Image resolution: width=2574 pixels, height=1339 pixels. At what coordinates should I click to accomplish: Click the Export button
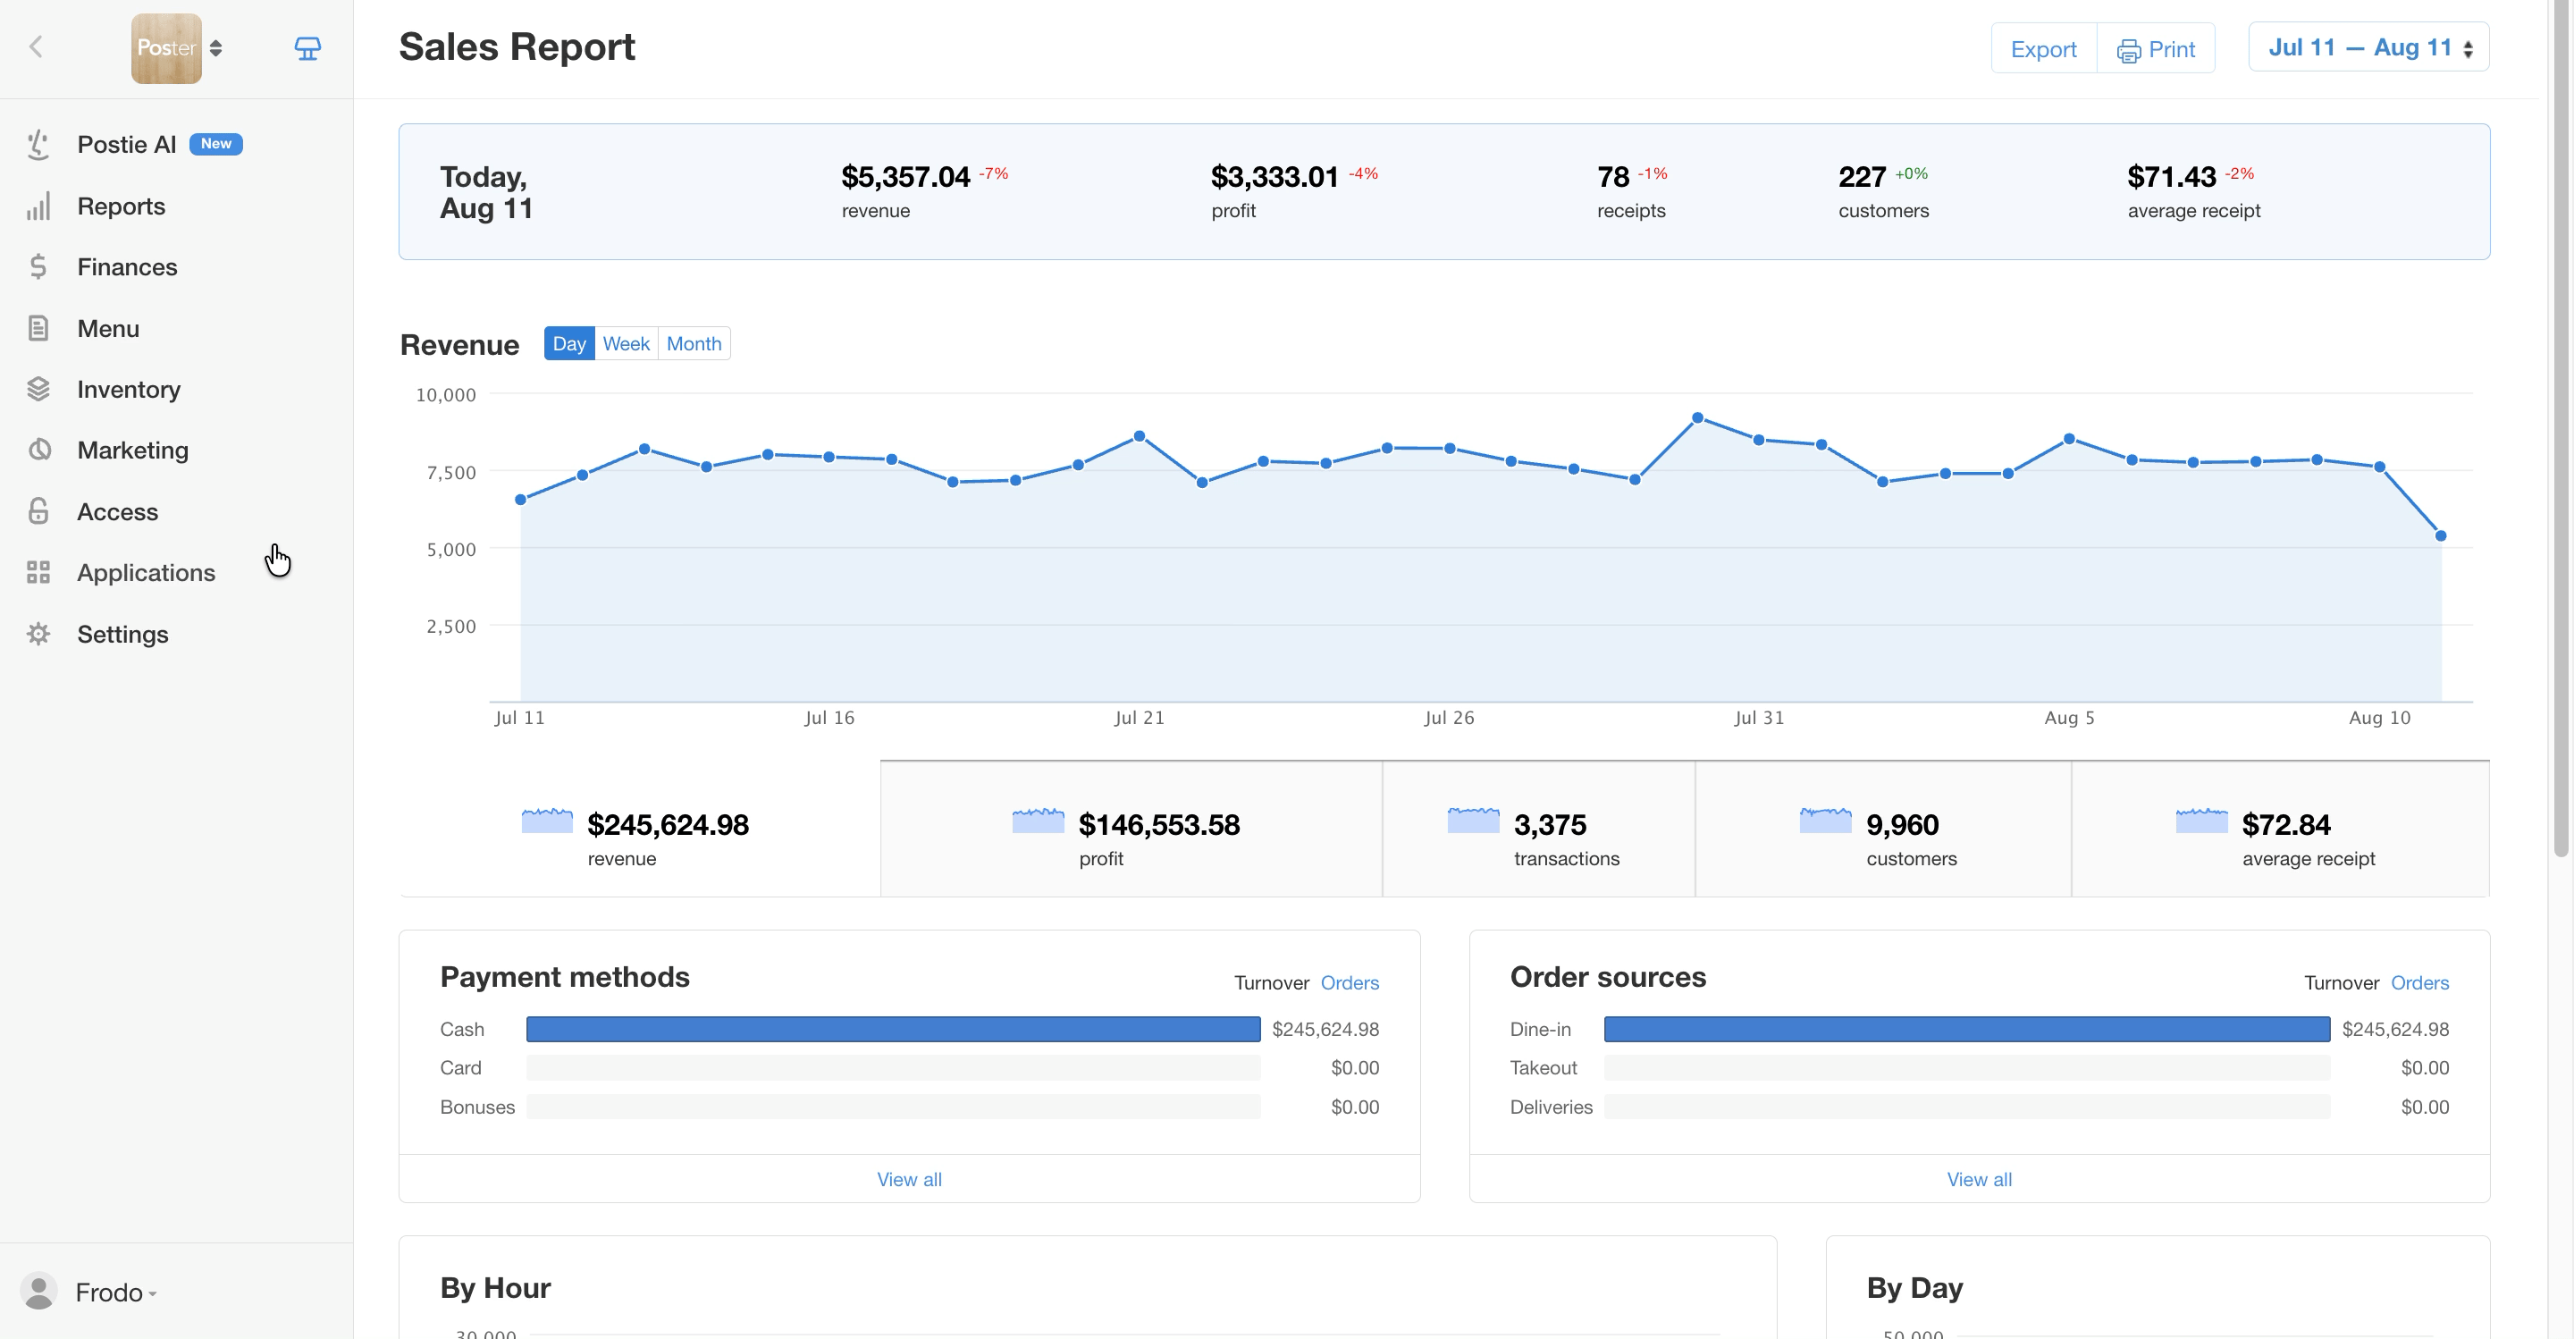[x=2043, y=49]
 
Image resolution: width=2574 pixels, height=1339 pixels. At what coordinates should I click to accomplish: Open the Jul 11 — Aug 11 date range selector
[x=2368, y=48]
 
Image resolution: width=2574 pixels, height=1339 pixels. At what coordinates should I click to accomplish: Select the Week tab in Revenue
[x=627, y=344]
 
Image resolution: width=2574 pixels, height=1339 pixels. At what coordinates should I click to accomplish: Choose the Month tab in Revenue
[x=694, y=344]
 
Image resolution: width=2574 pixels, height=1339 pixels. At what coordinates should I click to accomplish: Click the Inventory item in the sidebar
[x=129, y=390]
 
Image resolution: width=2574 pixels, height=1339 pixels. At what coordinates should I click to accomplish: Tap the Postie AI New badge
[x=215, y=144]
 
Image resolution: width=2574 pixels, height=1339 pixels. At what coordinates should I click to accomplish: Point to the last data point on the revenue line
[x=2441, y=535]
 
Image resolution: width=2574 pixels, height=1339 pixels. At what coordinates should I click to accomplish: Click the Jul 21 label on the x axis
[x=1140, y=718]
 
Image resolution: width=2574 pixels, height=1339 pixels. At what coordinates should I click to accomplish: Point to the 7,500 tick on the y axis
[x=450, y=473]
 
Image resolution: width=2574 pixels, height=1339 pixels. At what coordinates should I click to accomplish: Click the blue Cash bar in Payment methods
[x=894, y=1029]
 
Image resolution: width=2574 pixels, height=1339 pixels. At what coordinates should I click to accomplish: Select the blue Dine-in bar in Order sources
[x=1966, y=1029]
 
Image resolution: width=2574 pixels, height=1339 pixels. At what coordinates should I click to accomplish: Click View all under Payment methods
[x=909, y=1179]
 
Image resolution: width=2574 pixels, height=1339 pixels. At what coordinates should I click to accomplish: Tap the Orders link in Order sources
[x=2419, y=983]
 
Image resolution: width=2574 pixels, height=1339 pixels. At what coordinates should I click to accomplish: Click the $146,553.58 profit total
[x=1159, y=825]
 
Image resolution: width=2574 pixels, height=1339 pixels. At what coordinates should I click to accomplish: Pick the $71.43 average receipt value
[x=2171, y=177]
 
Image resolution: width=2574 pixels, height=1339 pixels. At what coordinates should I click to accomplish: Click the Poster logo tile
[x=166, y=48]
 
